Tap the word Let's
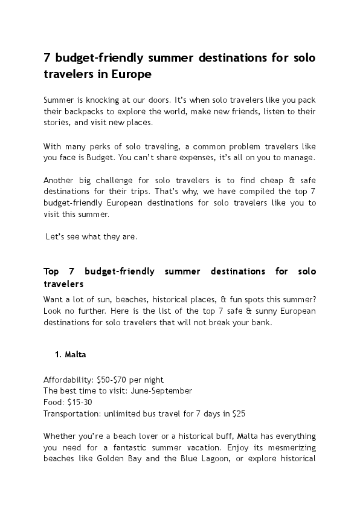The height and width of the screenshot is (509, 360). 56,236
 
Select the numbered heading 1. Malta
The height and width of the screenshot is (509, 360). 71,355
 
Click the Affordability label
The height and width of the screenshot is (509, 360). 68,380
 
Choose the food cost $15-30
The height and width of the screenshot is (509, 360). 79,401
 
